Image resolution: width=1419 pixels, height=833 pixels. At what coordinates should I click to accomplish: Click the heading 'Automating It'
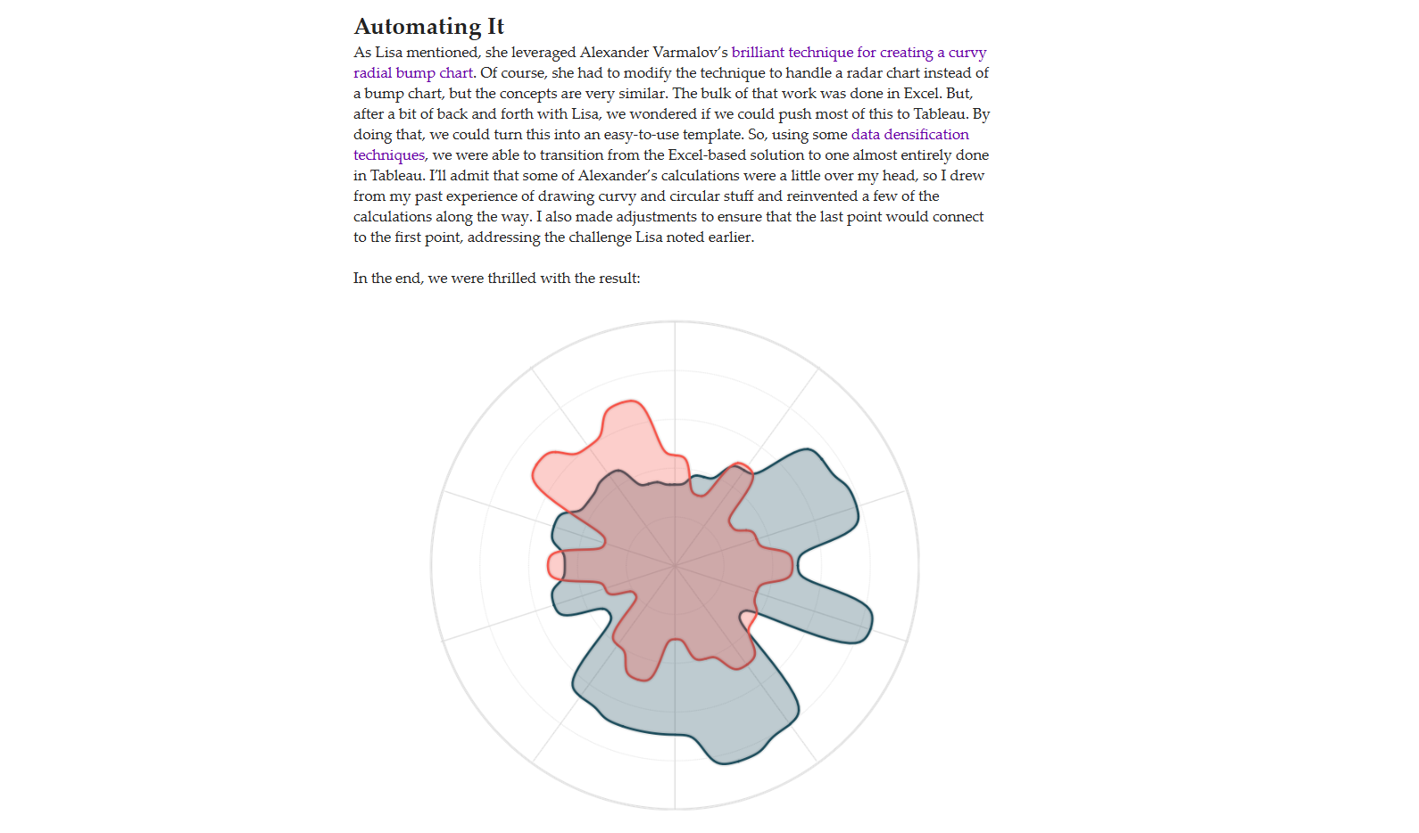click(x=429, y=27)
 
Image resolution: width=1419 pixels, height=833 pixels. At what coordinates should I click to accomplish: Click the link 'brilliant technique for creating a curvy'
click(x=859, y=53)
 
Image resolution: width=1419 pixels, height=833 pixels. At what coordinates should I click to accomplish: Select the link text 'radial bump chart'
click(x=413, y=73)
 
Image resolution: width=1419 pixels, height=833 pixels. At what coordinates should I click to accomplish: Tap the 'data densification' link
click(x=909, y=135)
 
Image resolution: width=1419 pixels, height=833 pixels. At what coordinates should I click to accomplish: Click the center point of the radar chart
click(x=675, y=565)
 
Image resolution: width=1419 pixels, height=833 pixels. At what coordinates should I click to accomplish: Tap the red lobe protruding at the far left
click(x=555, y=565)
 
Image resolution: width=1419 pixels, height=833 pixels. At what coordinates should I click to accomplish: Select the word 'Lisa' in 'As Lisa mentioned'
click(x=388, y=53)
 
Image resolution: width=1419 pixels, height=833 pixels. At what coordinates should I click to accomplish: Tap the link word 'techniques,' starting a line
click(x=390, y=155)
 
